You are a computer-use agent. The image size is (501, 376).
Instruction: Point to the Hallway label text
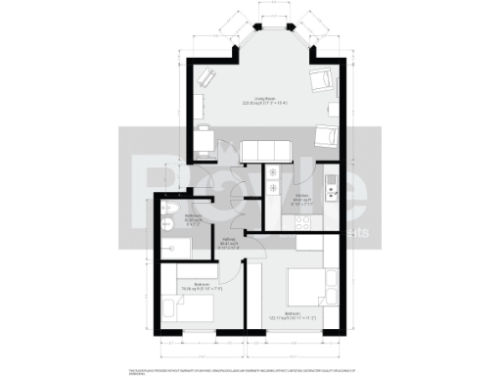click(x=226, y=245)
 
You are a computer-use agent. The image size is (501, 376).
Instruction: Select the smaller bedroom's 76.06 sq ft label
click(x=202, y=289)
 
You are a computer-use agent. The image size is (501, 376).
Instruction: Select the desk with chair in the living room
click(x=204, y=142)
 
